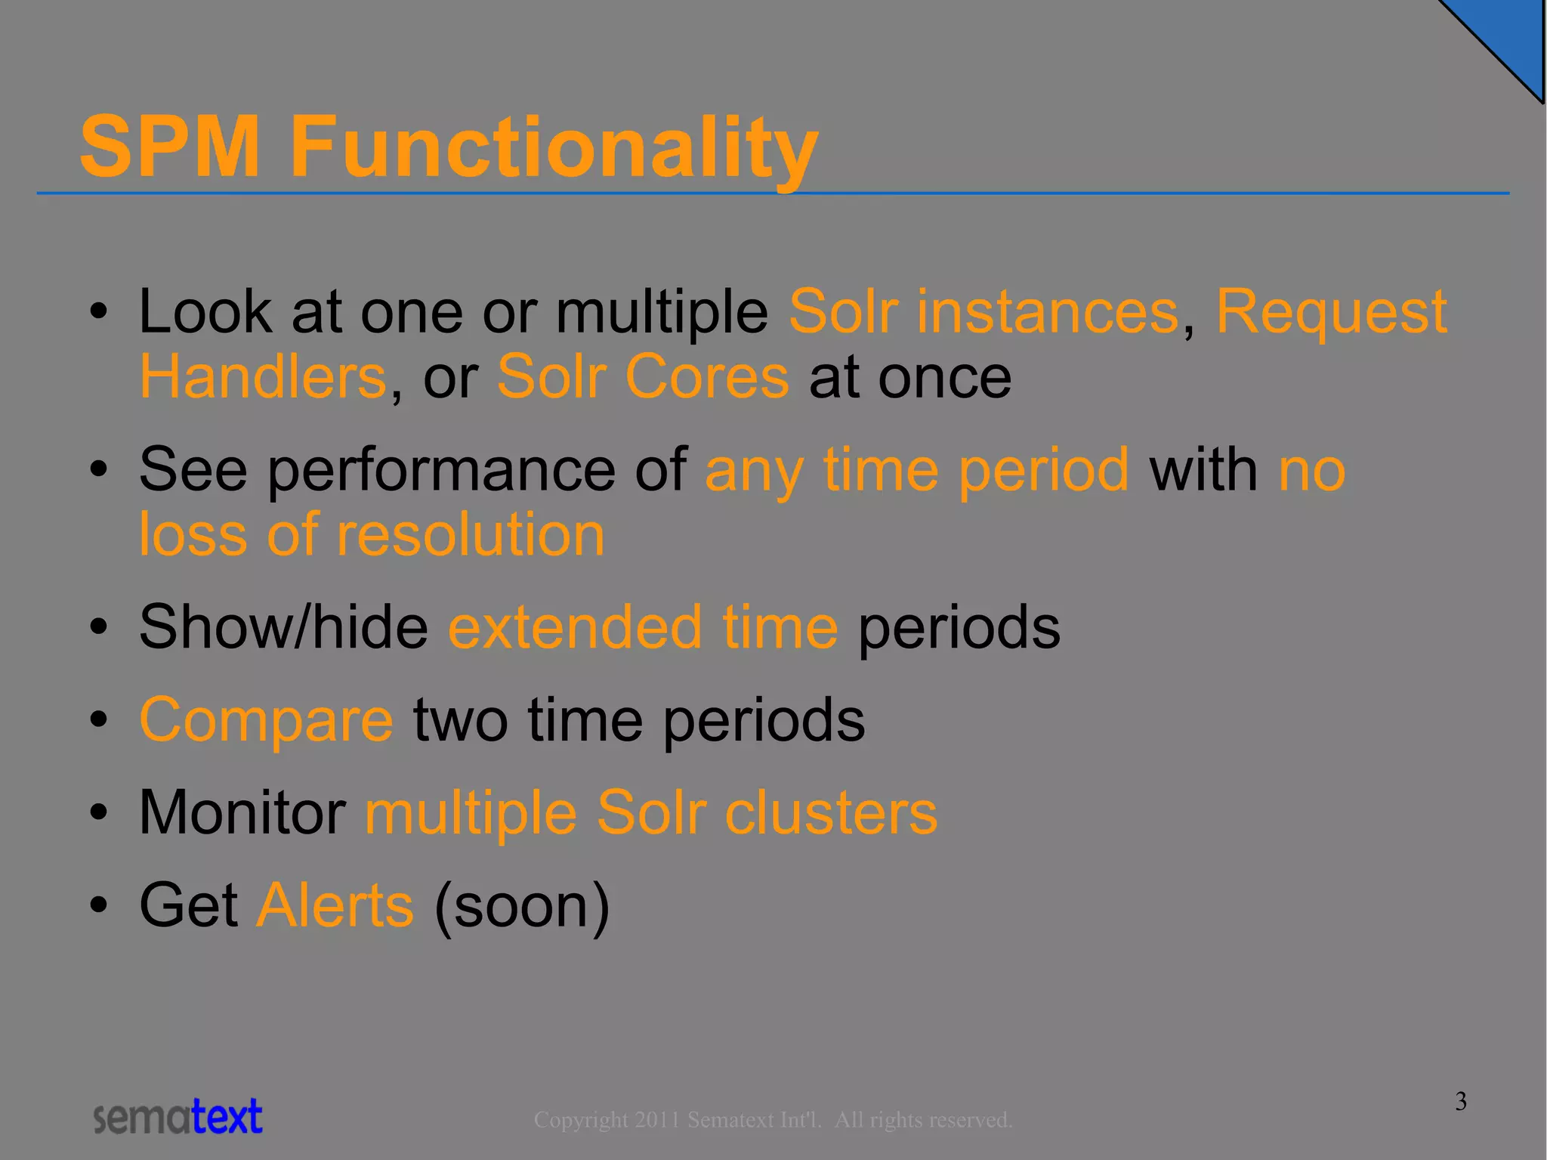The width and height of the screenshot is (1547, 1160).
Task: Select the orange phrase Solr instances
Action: [983, 311]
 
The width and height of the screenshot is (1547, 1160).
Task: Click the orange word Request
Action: [1331, 311]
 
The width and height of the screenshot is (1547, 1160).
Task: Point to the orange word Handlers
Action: [263, 377]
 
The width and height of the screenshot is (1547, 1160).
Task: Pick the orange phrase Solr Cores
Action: [643, 377]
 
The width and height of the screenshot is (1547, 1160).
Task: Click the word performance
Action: [441, 469]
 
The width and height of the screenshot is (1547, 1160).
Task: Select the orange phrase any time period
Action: [916, 469]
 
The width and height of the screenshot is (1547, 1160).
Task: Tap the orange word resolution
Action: [471, 534]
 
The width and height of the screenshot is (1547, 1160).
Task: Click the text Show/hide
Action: [283, 627]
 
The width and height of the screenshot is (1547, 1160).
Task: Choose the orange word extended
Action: [575, 627]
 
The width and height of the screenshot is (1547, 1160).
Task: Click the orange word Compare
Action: [266, 719]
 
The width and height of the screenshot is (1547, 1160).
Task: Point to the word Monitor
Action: [242, 812]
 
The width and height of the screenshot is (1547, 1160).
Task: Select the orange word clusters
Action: [830, 812]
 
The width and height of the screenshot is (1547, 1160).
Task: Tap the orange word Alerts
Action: [335, 905]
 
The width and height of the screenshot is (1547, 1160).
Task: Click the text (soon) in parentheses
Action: [522, 905]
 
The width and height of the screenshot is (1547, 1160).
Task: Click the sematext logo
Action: [178, 1117]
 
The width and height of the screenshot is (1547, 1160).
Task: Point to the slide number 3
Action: [1461, 1101]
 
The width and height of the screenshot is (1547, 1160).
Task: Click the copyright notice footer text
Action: [772, 1119]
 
